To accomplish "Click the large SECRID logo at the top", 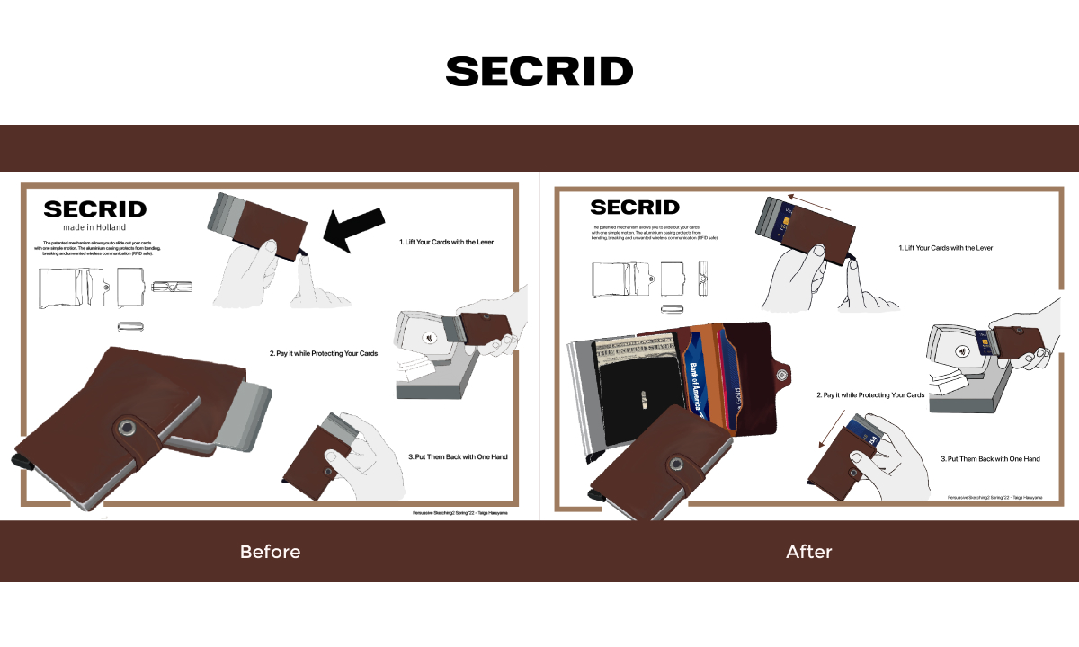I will (x=539, y=71).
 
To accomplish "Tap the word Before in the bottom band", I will (x=270, y=551).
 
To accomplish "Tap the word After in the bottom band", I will (x=809, y=551).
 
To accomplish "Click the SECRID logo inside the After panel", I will (x=635, y=208).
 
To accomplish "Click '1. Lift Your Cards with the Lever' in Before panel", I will (x=446, y=243).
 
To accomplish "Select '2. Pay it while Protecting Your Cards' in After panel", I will (x=870, y=395).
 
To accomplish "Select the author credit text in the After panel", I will (x=994, y=497).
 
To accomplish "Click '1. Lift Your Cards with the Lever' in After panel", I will (x=946, y=248).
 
